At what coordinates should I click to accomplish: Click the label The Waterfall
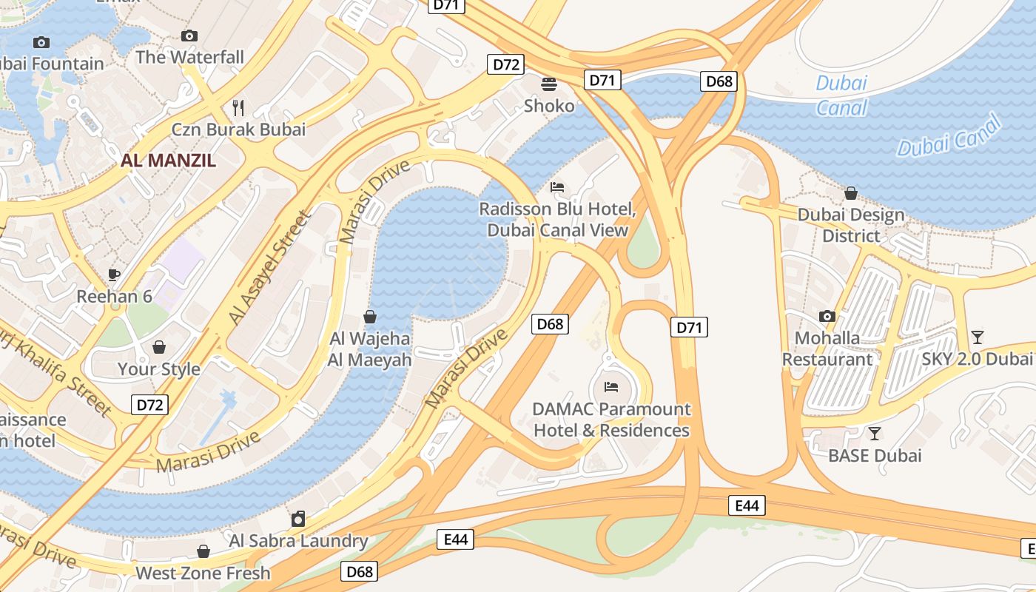coord(189,57)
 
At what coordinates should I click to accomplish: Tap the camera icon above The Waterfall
coord(189,36)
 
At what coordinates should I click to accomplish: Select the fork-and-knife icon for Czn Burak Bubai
coord(238,108)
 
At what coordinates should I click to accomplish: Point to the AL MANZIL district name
coord(169,160)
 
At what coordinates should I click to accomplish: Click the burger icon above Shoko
coord(549,84)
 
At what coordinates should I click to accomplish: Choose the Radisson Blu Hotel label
coord(557,219)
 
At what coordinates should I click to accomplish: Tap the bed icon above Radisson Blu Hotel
coord(557,187)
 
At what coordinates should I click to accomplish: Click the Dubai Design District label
coord(851,225)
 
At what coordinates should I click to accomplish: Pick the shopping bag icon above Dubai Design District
coord(851,193)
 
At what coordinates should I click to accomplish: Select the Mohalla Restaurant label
coord(827,349)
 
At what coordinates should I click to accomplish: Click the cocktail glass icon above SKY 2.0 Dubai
coord(978,337)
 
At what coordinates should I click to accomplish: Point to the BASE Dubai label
coord(875,455)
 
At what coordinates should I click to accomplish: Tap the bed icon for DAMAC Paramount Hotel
coord(611,386)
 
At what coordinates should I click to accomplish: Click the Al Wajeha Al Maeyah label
coord(370,349)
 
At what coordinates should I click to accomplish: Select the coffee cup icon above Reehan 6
coord(114,275)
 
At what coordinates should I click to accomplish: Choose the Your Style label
coord(159,369)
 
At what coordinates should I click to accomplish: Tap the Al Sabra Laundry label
coord(298,541)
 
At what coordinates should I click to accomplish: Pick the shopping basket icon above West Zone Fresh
coord(203,551)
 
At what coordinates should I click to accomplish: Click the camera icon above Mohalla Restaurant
coord(827,317)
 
